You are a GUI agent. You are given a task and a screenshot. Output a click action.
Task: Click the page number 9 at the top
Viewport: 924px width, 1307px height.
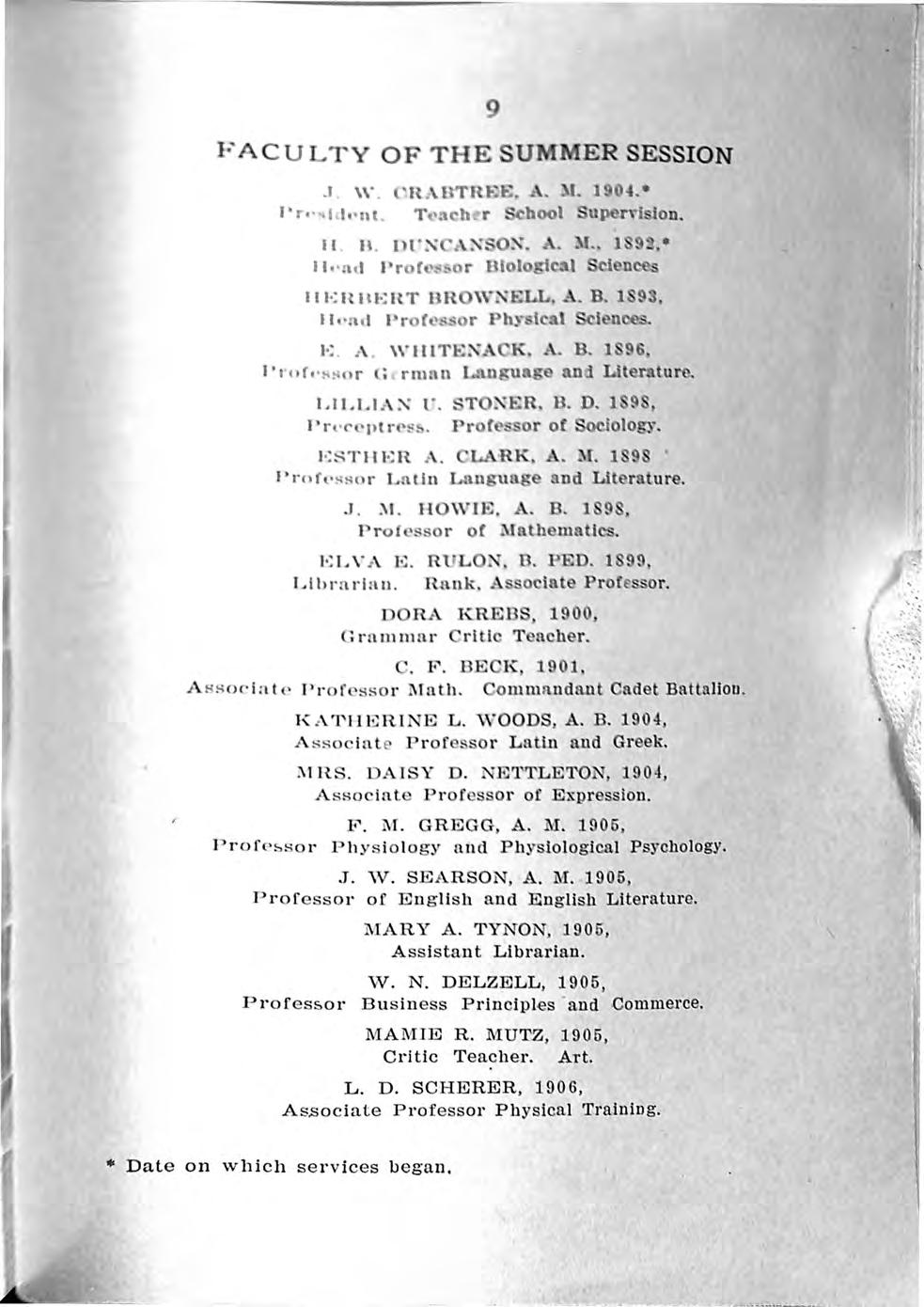pyautogui.click(x=491, y=109)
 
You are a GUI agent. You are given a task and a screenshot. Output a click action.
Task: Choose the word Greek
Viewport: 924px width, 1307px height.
pyautogui.click(x=640, y=742)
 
